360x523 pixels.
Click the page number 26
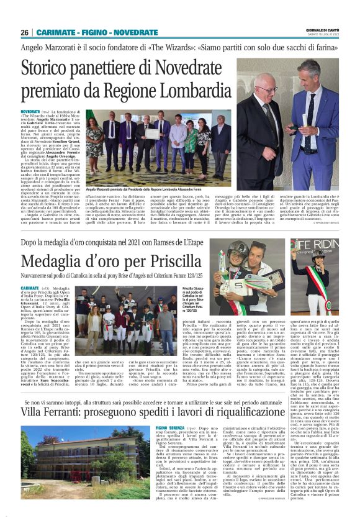[x=25, y=32]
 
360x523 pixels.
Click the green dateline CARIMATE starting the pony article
[x=47, y=289]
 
